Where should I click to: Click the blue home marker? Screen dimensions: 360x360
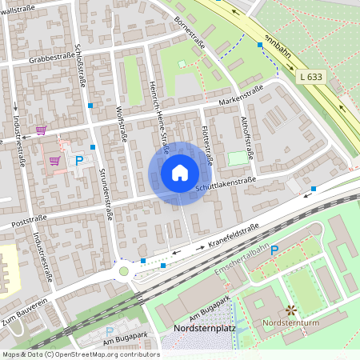coord(180,172)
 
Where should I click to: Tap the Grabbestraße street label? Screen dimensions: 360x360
coord(52,58)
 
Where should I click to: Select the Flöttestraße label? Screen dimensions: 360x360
coord(206,144)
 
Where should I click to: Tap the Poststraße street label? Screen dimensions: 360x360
coord(30,217)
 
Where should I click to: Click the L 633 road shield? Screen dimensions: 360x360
coord(314,77)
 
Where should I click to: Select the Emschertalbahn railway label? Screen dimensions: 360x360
coord(241,259)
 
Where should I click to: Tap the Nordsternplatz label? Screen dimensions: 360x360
coord(203,329)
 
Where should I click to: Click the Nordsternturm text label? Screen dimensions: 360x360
coord(290,324)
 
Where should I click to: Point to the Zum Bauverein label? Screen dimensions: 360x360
coord(26,311)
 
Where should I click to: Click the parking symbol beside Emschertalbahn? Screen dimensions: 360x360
coord(274,250)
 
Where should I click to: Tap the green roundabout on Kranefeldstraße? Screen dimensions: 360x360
coord(123,271)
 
